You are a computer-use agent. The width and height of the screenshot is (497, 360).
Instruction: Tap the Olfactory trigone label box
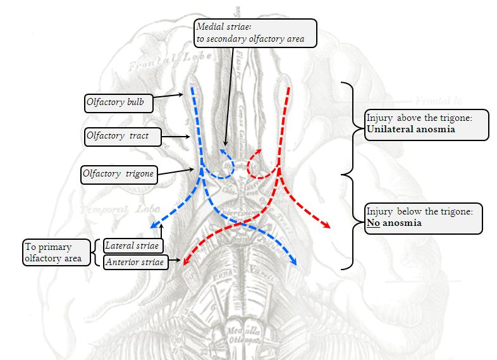(x=119, y=173)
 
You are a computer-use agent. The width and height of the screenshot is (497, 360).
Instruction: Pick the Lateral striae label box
(x=133, y=245)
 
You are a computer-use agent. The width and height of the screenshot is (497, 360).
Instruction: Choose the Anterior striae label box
(x=135, y=262)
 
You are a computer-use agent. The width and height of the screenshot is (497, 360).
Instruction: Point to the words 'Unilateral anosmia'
(x=411, y=129)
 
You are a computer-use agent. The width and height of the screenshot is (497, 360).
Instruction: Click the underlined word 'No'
(x=372, y=223)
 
